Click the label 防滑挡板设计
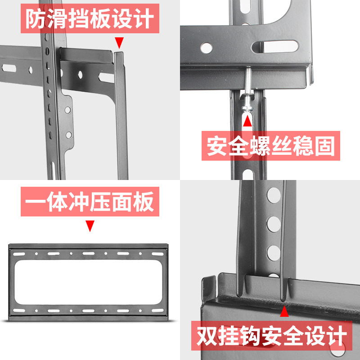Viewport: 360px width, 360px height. (x=90, y=18)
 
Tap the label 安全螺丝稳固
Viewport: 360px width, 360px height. (x=271, y=146)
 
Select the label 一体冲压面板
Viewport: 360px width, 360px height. (x=90, y=202)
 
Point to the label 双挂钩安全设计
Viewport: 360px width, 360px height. (x=272, y=335)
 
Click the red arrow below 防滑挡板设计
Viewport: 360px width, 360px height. (x=119, y=43)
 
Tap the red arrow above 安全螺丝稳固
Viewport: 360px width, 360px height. (x=247, y=121)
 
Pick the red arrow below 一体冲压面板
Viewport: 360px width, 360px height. (x=90, y=226)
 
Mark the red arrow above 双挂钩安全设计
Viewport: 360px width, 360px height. (x=284, y=311)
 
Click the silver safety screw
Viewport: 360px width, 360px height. (x=247, y=90)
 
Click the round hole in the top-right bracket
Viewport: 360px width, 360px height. (x=207, y=48)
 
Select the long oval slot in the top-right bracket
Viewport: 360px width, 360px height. (x=275, y=47)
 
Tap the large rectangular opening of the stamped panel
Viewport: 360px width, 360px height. (x=88, y=282)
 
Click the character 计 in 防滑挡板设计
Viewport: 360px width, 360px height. (x=144, y=18)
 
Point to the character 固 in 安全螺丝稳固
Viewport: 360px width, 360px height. (x=325, y=146)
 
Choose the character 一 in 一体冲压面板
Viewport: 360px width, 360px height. (x=36, y=202)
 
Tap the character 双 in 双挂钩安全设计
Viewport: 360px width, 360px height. (x=207, y=335)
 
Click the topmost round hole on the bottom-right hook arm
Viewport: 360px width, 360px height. (x=274, y=195)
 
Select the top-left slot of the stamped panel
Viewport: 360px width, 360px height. (x=19, y=254)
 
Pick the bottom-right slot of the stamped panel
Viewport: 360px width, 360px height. (x=158, y=310)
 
